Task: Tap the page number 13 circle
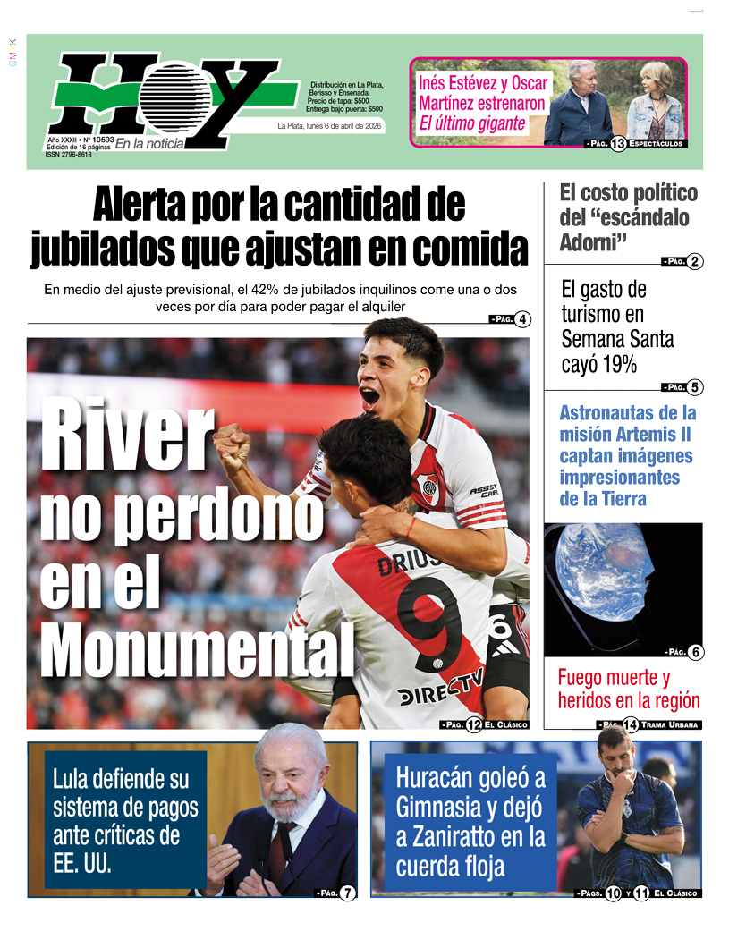click(x=617, y=144)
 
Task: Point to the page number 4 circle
click(x=521, y=319)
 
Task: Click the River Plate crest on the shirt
click(x=429, y=488)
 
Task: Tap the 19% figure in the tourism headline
click(x=617, y=364)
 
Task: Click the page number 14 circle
click(x=631, y=725)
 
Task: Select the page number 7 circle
click(x=348, y=893)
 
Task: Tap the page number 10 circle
click(x=613, y=893)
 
